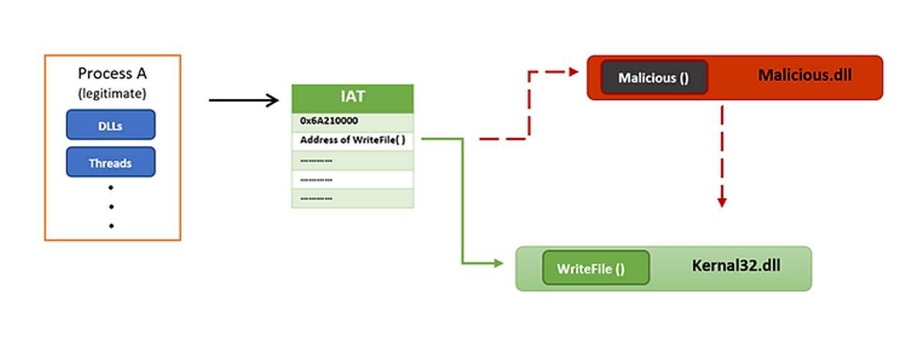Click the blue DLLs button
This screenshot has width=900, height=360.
click(x=110, y=124)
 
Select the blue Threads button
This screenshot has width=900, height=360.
click(x=110, y=162)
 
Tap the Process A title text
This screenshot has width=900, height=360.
click(x=112, y=74)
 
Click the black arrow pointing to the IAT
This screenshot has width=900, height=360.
click(x=244, y=100)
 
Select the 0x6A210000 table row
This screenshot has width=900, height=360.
click(x=353, y=121)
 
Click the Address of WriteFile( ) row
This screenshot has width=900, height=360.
click(x=353, y=140)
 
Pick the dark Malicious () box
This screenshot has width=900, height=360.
click(x=653, y=78)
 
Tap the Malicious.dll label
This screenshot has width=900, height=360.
click(x=805, y=75)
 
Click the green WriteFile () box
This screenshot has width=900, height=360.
click(x=595, y=269)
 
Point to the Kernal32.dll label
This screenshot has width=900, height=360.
click(x=736, y=265)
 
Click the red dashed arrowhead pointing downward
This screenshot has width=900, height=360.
click(x=722, y=202)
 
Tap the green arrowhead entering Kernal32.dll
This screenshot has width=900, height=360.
click(x=498, y=264)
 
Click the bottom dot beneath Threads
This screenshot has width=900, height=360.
click(x=111, y=225)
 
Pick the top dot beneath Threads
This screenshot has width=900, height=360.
click(x=111, y=188)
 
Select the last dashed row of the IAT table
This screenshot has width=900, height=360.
click(x=353, y=198)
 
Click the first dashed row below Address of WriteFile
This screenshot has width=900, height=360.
click(x=353, y=160)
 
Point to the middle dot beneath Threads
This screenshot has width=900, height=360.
click(x=111, y=207)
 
